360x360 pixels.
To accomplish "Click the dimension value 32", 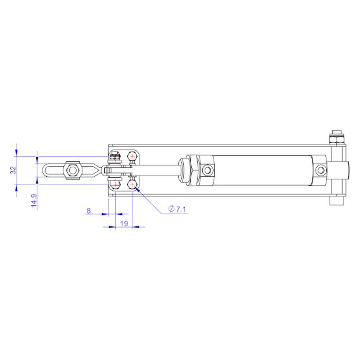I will [x=13, y=170].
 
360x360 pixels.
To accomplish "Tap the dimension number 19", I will [x=124, y=224].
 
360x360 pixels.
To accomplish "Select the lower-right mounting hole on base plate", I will [x=132, y=184].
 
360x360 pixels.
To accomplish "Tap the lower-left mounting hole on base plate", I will [x=115, y=184].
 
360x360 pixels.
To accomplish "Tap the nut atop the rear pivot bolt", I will [x=336, y=136].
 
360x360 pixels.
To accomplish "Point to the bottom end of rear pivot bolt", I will [x=336, y=201].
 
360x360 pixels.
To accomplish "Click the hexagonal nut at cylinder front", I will [x=188, y=170].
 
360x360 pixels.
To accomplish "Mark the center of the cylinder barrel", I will [x=263, y=170].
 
